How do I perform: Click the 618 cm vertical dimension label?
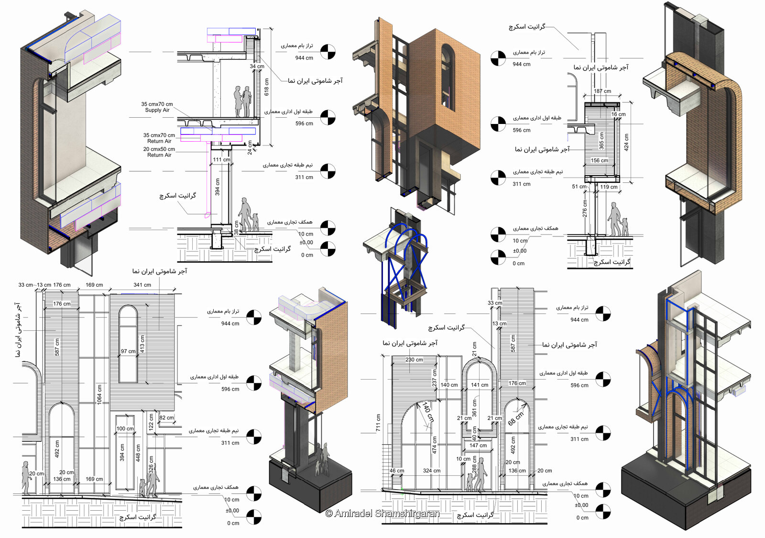[x=267, y=87]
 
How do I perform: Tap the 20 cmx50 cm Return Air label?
[x=159, y=152]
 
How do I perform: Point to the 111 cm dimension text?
[x=221, y=160]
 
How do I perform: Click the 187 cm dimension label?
[x=602, y=91]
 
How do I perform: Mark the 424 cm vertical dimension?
[x=626, y=142]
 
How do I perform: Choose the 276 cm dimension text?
[x=585, y=210]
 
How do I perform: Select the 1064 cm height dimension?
[x=99, y=394]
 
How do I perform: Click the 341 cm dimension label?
[x=142, y=285]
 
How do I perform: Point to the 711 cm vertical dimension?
[x=378, y=423]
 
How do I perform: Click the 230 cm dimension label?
[x=414, y=360]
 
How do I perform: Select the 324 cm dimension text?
[x=431, y=471]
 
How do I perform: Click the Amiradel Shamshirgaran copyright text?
[x=382, y=514]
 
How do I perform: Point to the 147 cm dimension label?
[x=478, y=446]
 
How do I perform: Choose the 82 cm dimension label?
[x=167, y=418]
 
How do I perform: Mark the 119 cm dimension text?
[x=609, y=187]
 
